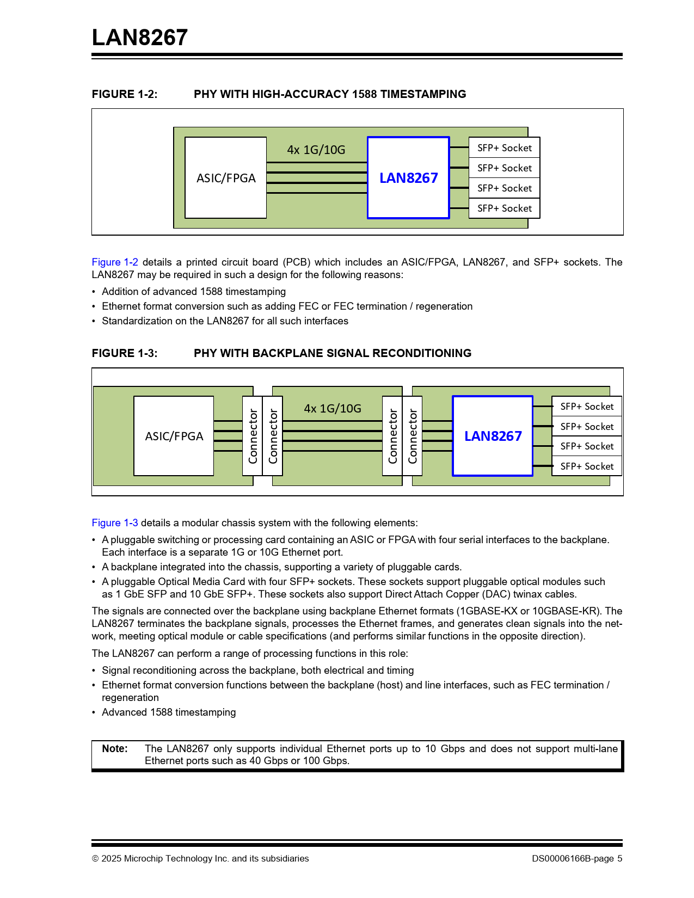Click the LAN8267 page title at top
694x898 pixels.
pos(140,38)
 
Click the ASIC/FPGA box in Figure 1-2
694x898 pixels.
pos(226,178)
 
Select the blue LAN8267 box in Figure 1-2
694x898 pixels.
pos(408,178)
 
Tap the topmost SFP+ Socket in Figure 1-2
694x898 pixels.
pos(504,147)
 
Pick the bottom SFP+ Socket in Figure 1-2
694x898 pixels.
pos(504,208)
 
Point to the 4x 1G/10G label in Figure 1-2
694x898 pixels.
pos(316,150)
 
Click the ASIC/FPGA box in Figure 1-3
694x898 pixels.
pos(174,436)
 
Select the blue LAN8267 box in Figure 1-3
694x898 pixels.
pos(493,436)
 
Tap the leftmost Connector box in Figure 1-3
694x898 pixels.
pos(253,436)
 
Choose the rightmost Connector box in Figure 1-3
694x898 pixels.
pos(413,436)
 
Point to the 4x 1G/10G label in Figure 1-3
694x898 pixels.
pos(333,408)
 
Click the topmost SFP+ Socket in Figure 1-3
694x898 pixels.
pos(587,407)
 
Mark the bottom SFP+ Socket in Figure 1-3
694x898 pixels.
pos(587,466)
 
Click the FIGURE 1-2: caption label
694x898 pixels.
pos(125,94)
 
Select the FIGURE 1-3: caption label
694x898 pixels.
pos(125,353)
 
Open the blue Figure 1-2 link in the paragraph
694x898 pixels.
pos(115,262)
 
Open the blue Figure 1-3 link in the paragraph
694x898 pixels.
pos(115,523)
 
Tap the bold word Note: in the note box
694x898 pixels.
pos(115,749)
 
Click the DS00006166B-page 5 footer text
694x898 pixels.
pos(577,858)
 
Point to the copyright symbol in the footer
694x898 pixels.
pos(95,859)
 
